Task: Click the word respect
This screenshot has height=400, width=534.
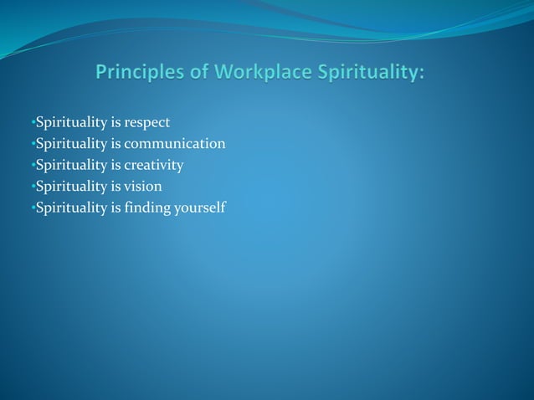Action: [x=147, y=123]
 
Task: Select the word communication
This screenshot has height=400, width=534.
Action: [x=175, y=144]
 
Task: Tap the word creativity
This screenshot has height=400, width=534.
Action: [x=154, y=165]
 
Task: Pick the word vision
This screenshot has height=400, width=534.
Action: [x=143, y=186]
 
